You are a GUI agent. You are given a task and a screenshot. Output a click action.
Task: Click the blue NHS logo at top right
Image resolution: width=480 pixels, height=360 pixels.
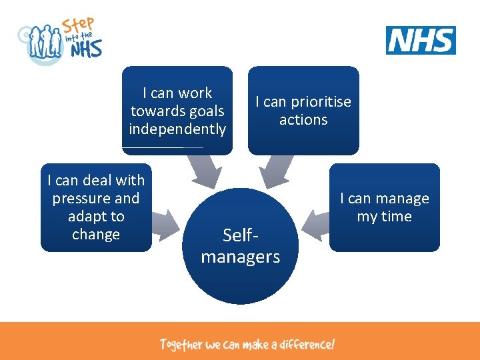pos(421,40)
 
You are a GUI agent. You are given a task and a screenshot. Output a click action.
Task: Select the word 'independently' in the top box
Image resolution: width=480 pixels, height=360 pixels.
pos(177,129)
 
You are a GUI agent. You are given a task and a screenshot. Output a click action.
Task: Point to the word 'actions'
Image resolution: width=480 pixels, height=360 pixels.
pos(303,120)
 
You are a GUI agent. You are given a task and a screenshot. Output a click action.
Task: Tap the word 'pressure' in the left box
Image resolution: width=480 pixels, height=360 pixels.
pos(96,199)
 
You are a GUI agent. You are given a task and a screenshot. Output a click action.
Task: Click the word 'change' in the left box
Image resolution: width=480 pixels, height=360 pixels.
pos(96,235)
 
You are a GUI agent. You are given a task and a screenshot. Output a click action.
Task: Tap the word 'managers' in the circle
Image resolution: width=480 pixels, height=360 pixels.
pos(240,257)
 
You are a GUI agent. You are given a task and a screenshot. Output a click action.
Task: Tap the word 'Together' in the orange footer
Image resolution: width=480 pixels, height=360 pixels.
pos(180,345)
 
